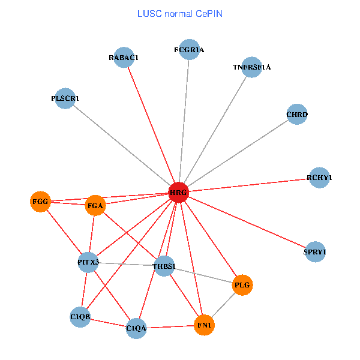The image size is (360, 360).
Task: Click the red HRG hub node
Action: tap(179, 192)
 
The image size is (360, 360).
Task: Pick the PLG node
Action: tap(242, 284)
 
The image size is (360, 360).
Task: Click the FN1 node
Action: tap(205, 325)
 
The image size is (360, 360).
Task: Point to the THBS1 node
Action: tap(164, 266)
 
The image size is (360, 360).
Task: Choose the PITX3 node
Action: tap(88, 262)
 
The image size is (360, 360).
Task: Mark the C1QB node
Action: tap(80, 316)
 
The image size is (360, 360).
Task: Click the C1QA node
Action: tap(136, 328)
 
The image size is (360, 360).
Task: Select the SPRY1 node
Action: tap(315, 253)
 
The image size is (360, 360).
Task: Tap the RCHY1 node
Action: tap(319, 178)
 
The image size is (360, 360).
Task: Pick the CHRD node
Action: tap(297, 114)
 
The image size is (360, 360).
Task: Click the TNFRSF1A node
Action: tap(252, 67)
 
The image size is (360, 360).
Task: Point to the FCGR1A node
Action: tap(189, 50)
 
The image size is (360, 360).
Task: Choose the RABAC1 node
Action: tap(124, 58)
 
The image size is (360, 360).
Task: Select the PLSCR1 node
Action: tap(65, 98)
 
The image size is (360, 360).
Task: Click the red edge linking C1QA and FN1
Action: tap(170, 327)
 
